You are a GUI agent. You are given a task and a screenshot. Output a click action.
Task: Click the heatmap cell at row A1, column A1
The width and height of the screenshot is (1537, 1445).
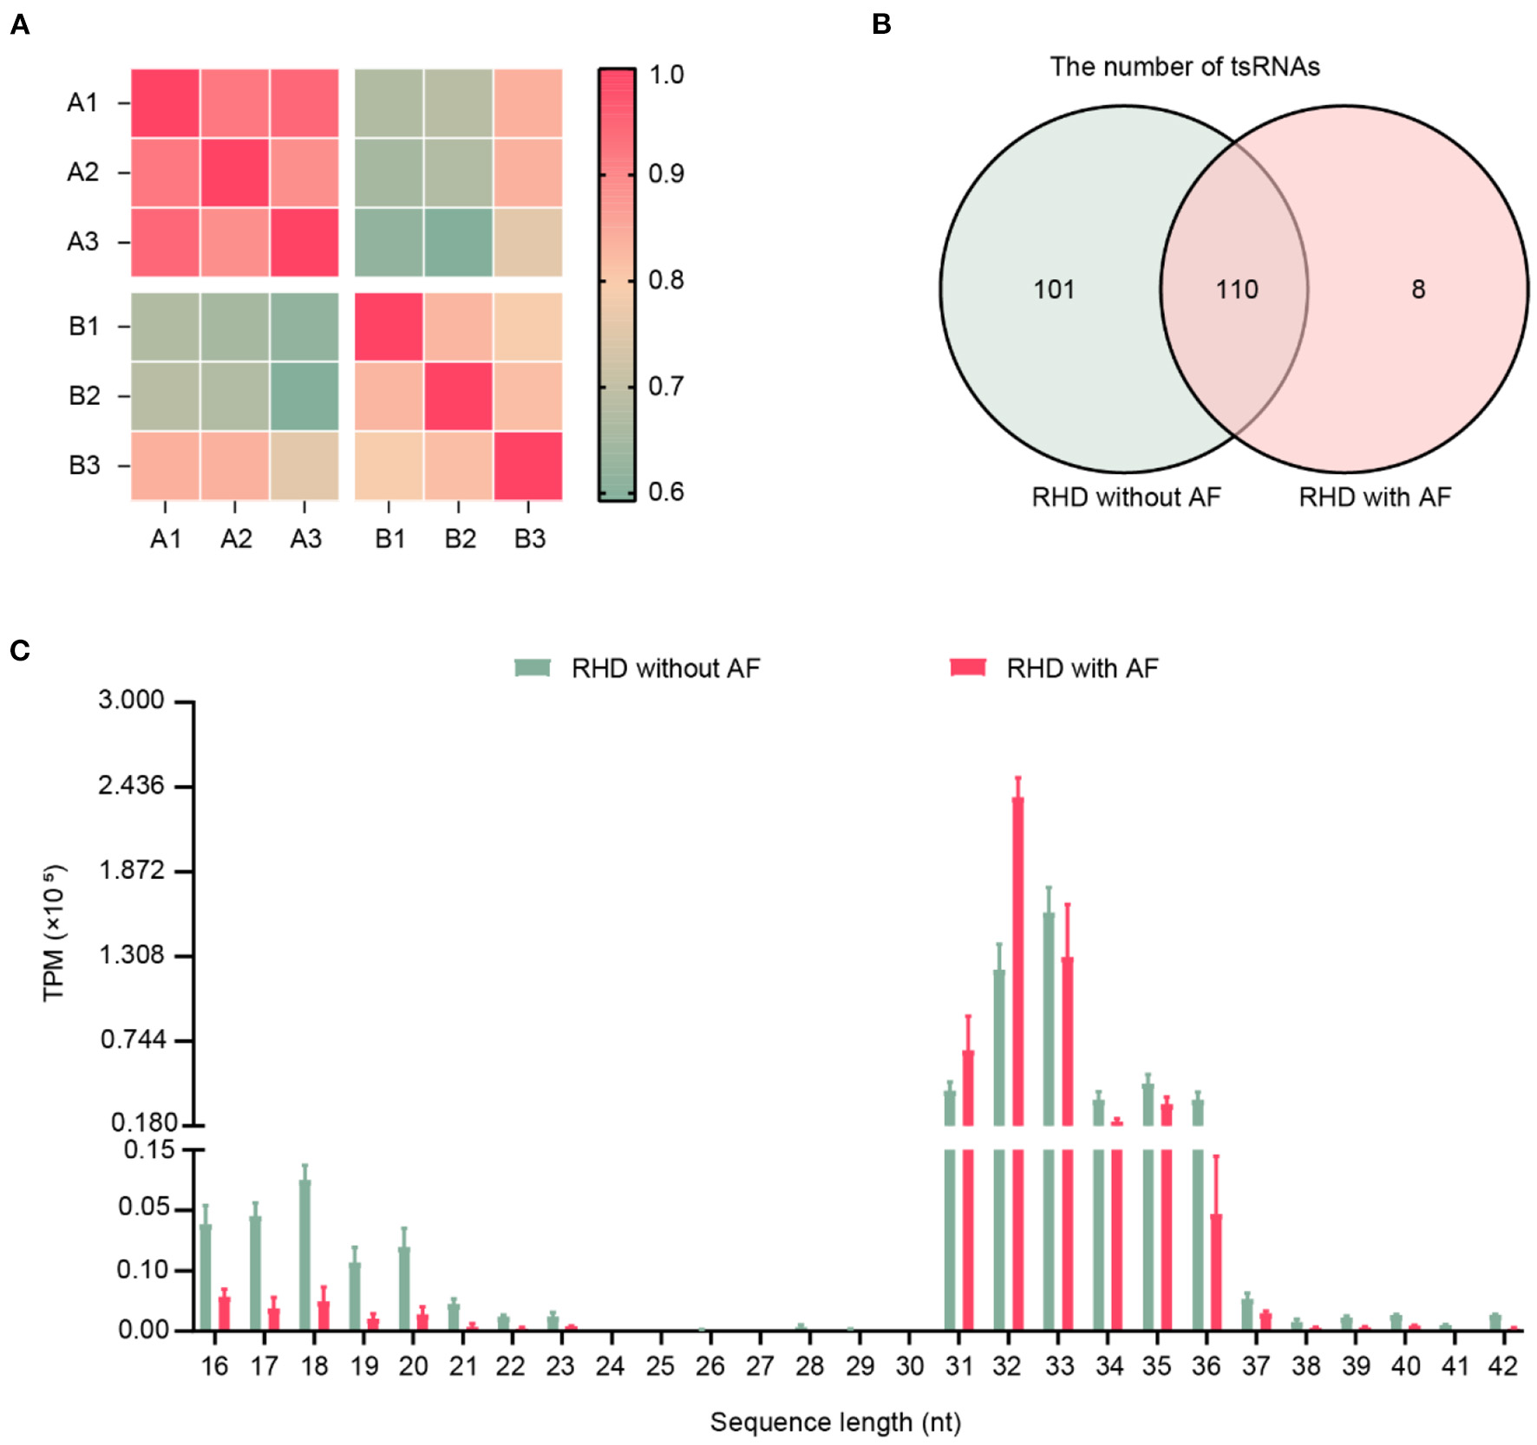click(x=165, y=103)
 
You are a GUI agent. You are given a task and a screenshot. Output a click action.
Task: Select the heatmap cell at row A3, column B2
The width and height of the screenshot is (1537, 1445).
click(x=458, y=242)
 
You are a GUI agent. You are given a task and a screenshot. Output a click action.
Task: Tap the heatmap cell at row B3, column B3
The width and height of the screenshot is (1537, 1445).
click(x=528, y=465)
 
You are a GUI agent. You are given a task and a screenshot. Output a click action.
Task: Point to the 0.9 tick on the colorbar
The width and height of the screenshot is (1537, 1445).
click(x=666, y=174)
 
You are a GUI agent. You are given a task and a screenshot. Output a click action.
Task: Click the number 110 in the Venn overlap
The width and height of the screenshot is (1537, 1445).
click(x=1236, y=290)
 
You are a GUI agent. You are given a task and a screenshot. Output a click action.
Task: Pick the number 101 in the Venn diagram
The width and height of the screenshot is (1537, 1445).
click(x=1054, y=290)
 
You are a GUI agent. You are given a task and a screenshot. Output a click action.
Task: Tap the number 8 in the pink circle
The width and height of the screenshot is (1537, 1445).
click(x=1417, y=290)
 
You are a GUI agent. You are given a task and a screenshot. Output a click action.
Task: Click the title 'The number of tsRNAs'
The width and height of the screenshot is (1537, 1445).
click(x=1185, y=67)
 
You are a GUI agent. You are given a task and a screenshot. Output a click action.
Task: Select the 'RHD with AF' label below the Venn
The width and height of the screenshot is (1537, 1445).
click(x=1374, y=497)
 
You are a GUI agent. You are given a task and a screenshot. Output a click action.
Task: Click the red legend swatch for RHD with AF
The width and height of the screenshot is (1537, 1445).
click(x=967, y=667)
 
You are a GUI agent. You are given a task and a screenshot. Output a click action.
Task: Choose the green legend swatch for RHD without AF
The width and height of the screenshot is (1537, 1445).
click(x=533, y=667)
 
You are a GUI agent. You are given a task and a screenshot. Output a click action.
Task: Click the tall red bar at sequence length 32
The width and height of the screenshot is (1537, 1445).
click(x=1017, y=954)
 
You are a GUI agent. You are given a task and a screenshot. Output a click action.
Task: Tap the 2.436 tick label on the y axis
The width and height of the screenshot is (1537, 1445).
click(x=130, y=785)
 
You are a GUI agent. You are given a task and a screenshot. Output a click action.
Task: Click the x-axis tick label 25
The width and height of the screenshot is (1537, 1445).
click(x=660, y=1367)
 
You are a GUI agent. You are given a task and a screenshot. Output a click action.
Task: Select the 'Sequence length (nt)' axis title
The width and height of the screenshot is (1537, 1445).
click(x=835, y=1422)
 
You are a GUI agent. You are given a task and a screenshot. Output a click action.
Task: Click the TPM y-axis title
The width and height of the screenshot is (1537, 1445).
click(x=54, y=933)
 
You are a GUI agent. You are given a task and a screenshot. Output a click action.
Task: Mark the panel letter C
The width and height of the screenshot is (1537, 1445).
click(x=19, y=650)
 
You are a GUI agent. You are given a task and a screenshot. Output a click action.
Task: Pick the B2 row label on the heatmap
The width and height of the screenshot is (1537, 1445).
click(x=84, y=396)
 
